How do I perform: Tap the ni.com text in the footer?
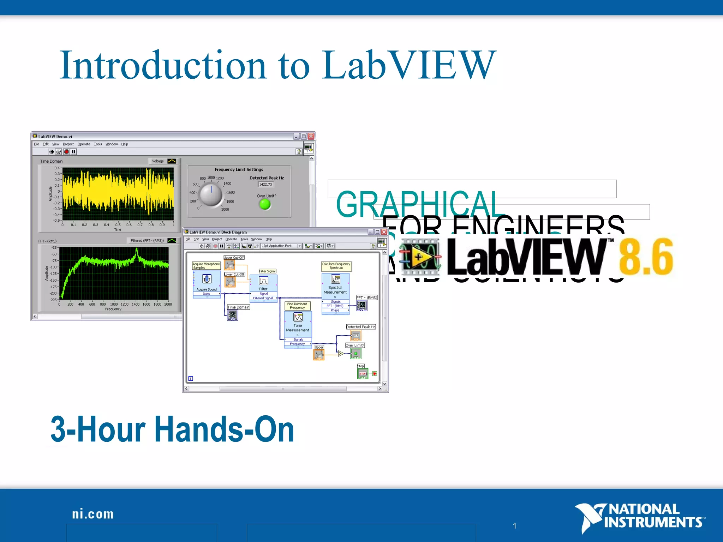pyautogui.click(x=93, y=514)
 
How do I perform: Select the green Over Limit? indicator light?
pyautogui.click(x=265, y=204)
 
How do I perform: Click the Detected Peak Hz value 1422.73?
pyautogui.click(x=265, y=185)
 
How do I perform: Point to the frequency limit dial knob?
pyautogui.click(x=211, y=194)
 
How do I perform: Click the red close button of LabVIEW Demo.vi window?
pyautogui.click(x=311, y=136)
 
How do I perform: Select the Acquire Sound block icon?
pyautogui.click(x=207, y=279)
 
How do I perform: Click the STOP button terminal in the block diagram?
pyautogui.click(x=363, y=374)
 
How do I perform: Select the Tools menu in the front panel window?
pyautogui.click(x=98, y=144)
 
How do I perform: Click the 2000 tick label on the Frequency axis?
pyautogui.click(x=168, y=304)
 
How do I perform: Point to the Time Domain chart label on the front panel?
pyautogui.click(x=51, y=161)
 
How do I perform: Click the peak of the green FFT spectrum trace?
pyautogui.click(x=137, y=250)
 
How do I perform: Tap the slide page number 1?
pyautogui.click(x=515, y=526)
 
